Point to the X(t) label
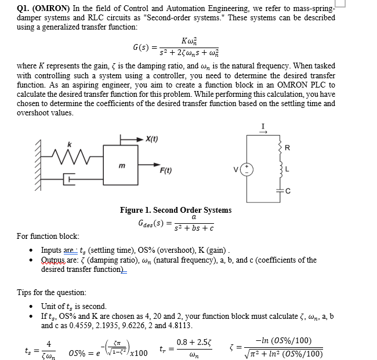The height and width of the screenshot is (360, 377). (x=151, y=139)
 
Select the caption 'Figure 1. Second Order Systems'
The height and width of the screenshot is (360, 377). (x=175, y=210)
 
